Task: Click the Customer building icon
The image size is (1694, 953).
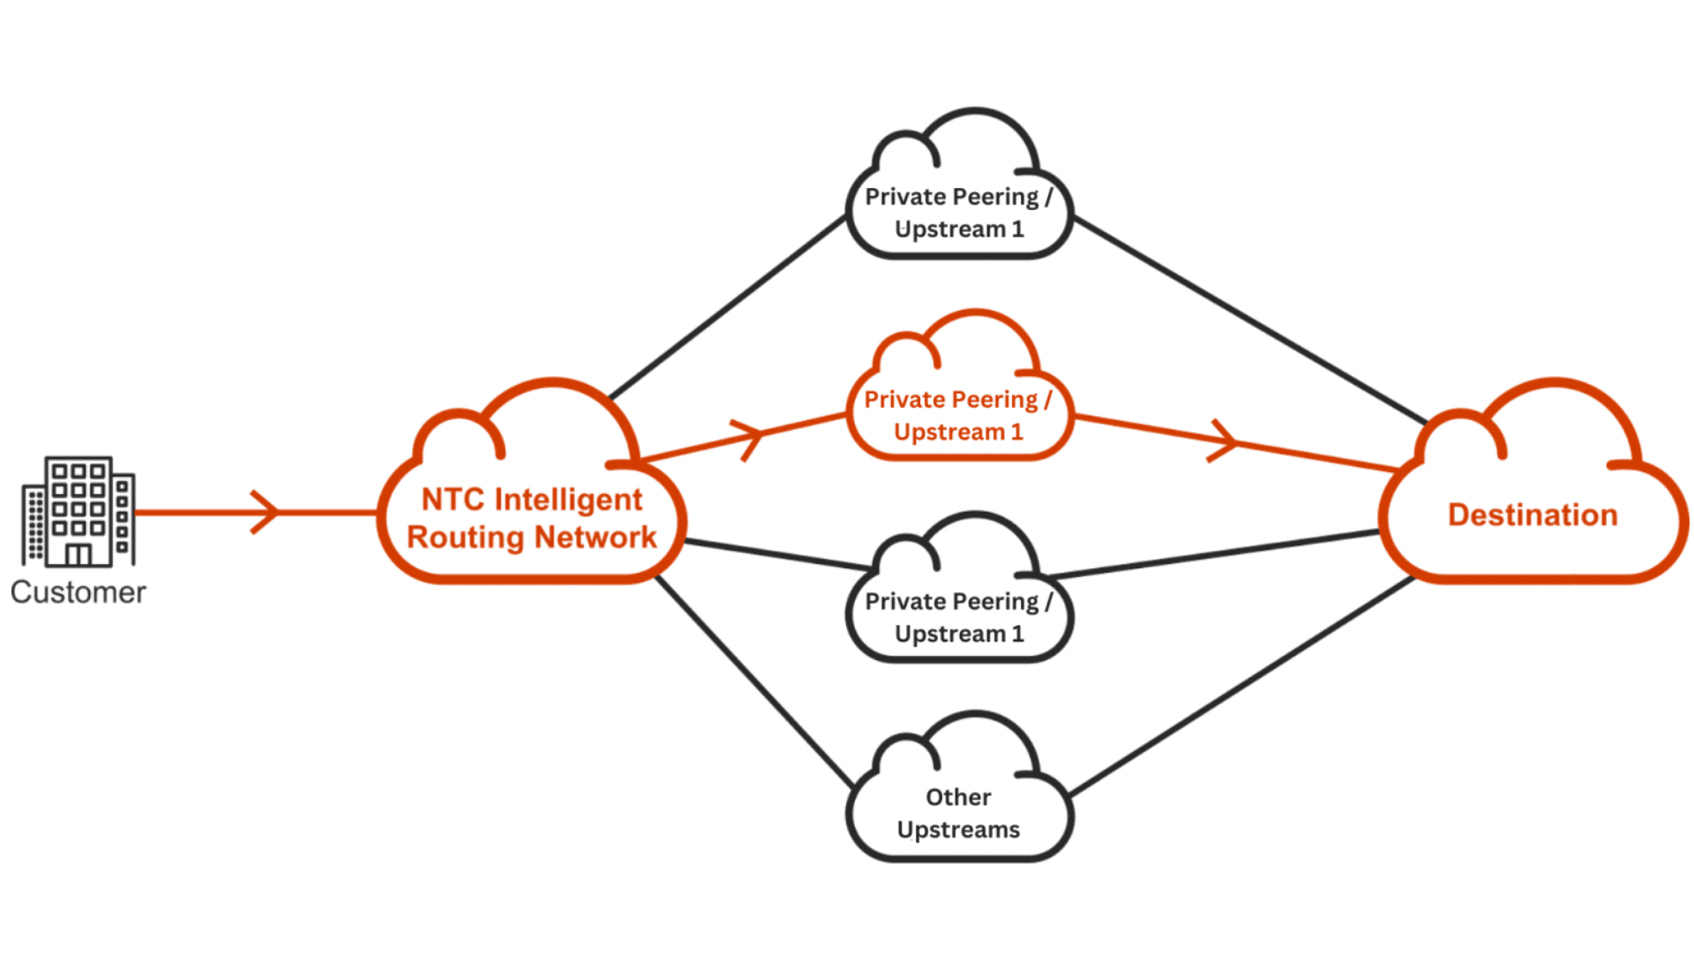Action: tap(78, 511)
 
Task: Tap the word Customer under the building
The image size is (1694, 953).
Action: tap(78, 592)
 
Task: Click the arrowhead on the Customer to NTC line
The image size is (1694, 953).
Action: tap(266, 512)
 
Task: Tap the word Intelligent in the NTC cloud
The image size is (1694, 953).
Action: tap(568, 499)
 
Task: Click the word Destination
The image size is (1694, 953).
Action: tap(1533, 514)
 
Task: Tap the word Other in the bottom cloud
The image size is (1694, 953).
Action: tap(958, 797)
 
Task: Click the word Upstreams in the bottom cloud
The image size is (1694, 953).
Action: tap(958, 829)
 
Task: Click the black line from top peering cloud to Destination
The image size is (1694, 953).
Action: tap(1248, 319)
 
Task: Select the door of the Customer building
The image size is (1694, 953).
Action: tap(78, 554)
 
